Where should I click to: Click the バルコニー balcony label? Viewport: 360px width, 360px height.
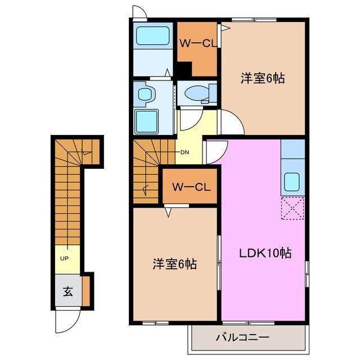tap(242, 338)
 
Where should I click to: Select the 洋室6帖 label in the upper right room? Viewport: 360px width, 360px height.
tap(262, 79)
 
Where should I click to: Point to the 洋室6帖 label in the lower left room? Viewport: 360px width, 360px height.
tap(175, 263)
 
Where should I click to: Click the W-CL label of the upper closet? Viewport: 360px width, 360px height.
tap(195, 44)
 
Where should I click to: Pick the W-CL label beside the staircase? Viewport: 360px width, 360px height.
tap(191, 187)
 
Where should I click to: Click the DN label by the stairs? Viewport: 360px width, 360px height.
tap(184, 152)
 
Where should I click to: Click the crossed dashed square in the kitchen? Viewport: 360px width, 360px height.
tap(292, 210)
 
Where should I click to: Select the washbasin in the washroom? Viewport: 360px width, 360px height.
tap(144, 94)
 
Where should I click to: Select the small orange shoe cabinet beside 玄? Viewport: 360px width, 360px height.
tap(86, 290)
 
